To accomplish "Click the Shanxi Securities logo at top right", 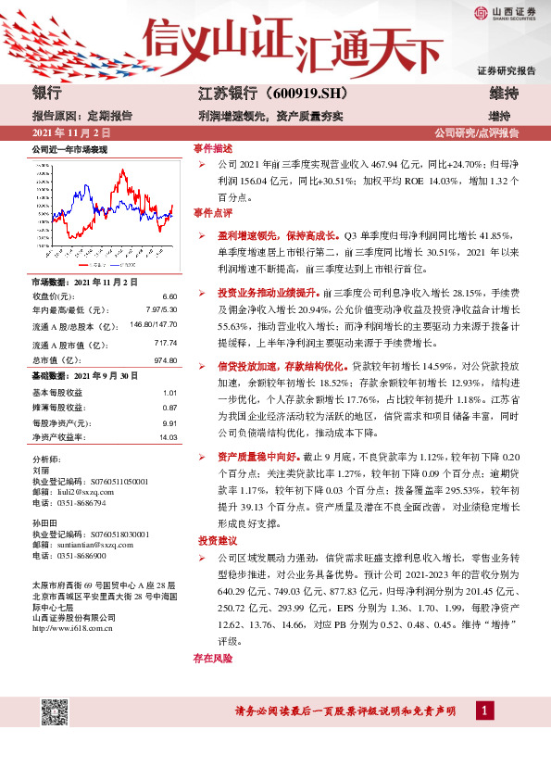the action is click(x=506, y=12).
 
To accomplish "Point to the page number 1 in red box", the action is click(x=482, y=711).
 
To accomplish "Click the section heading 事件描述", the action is click(x=213, y=148).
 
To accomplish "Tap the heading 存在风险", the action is click(x=212, y=658).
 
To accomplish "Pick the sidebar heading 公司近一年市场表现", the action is click(x=69, y=148).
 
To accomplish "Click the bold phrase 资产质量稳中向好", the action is click(x=253, y=456).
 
